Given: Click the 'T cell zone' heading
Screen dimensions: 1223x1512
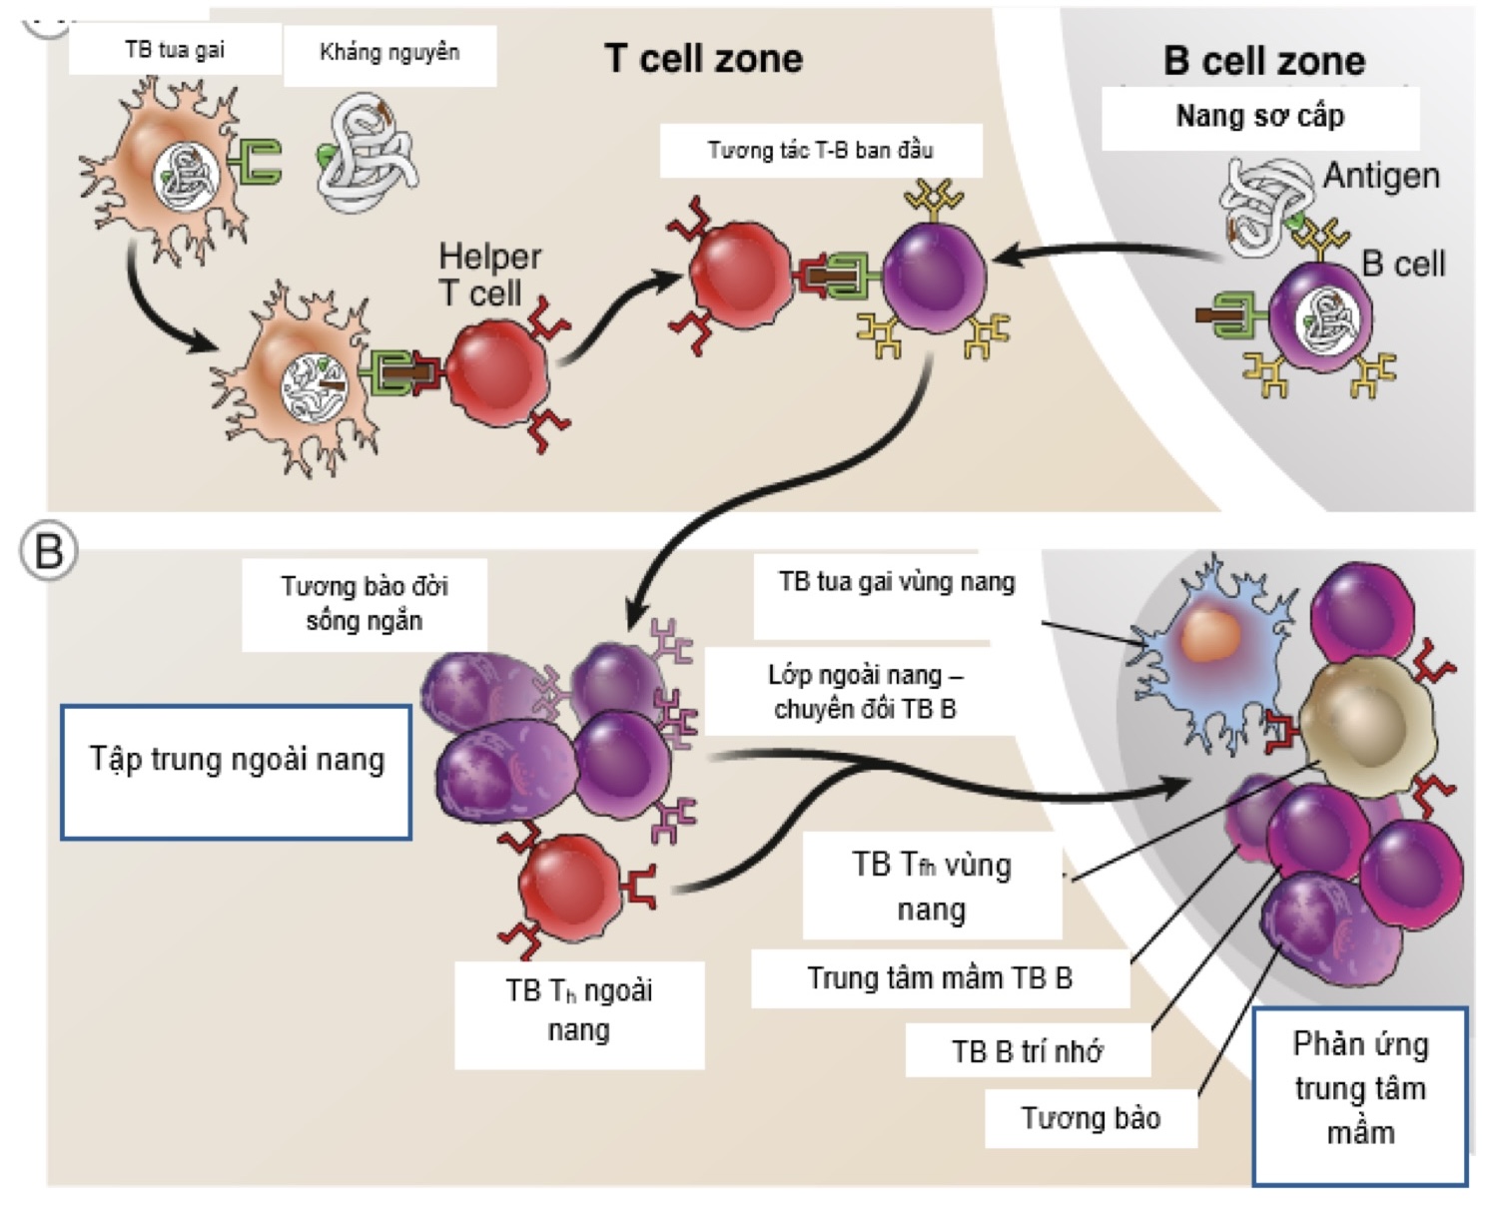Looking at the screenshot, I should point(703,59).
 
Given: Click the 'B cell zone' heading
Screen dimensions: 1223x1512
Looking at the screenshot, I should point(1263,61).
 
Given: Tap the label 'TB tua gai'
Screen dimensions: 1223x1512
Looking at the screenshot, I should point(175,50).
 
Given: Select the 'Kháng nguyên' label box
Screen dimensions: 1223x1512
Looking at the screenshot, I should point(389,53).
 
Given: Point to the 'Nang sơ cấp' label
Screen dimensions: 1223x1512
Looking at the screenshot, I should point(1259,117).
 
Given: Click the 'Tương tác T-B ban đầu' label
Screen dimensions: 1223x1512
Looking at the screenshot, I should point(820,151).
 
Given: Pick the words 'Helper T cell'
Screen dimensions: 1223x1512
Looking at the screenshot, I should point(489,275).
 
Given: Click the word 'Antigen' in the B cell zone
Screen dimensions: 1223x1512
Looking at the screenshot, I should point(1381,176).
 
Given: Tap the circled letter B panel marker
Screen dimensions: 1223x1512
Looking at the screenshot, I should point(49,551).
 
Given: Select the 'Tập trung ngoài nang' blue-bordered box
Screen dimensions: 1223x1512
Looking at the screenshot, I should point(237,772).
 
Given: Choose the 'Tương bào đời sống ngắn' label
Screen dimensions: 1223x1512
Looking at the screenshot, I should point(364,603).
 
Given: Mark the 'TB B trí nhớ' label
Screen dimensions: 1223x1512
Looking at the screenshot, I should point(1027,1051).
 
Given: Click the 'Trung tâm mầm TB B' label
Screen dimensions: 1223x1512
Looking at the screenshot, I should point(939,978).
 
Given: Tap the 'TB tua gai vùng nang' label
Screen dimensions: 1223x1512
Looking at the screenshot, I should point(896,582).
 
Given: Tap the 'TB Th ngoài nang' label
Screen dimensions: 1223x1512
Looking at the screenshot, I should point(578,1009).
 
